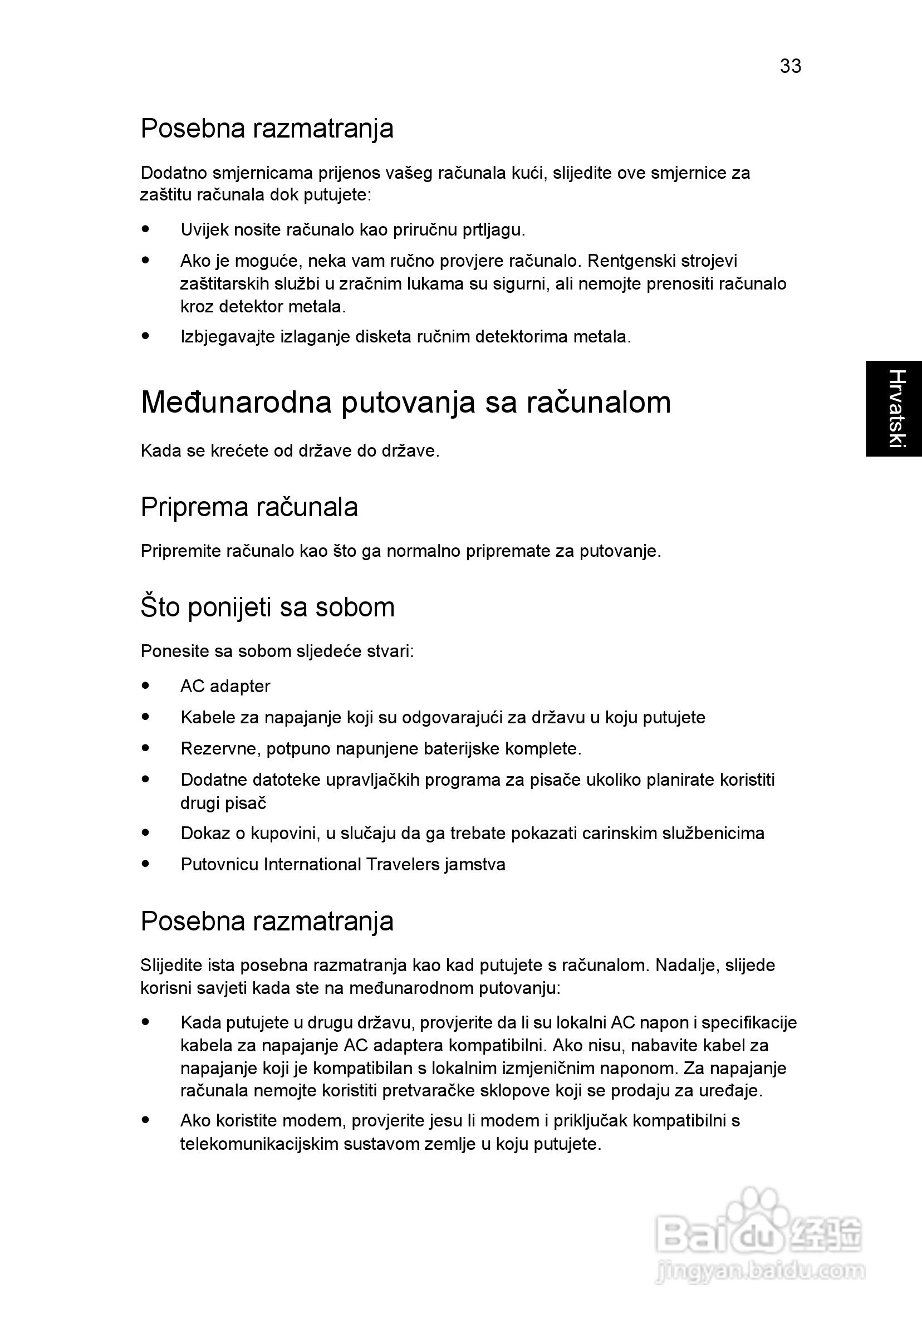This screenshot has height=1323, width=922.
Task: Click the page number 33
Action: [x=790, y=66]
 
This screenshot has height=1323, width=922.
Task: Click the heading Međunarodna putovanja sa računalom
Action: [x=406, y=402]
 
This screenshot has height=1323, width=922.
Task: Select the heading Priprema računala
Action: [x=249, y=507]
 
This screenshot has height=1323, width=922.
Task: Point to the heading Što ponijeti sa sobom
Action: [x=267, y=607]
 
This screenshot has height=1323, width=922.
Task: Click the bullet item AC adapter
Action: [x=225, y=686]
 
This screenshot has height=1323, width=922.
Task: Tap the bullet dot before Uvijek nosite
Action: [x=146, y=229]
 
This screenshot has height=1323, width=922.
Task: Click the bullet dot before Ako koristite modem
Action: [x=146, y=1120]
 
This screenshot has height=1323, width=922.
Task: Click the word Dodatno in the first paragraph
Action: [x=174, y=173]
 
